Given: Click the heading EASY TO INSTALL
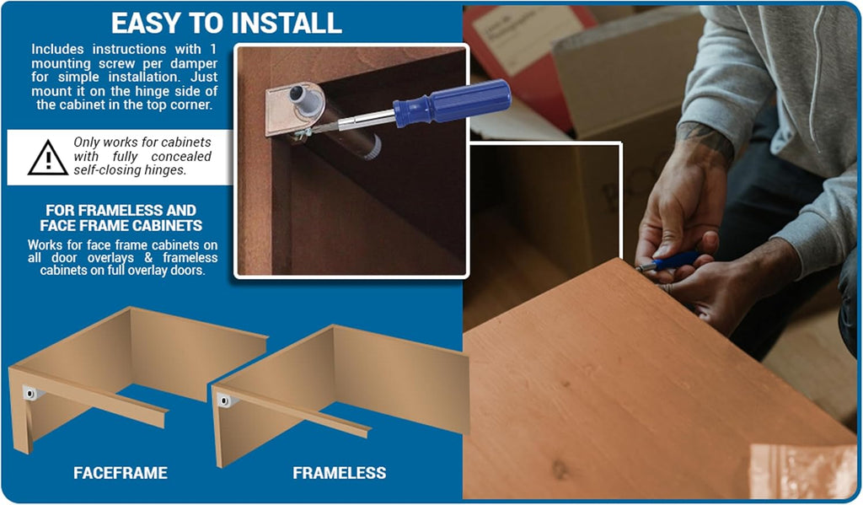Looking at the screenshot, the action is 226,23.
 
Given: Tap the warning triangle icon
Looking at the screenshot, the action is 48,158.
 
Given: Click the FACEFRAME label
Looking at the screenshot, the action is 121,472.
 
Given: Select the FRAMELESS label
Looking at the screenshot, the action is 339,472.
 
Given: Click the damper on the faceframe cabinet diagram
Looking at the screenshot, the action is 31,393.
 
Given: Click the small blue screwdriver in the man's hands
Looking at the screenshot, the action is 669,261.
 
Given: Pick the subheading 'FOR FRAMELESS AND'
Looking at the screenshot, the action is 121,211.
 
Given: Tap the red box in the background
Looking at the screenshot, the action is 528,66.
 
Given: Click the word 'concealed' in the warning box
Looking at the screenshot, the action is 181,157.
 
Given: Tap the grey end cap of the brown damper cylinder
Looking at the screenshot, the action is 373,147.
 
